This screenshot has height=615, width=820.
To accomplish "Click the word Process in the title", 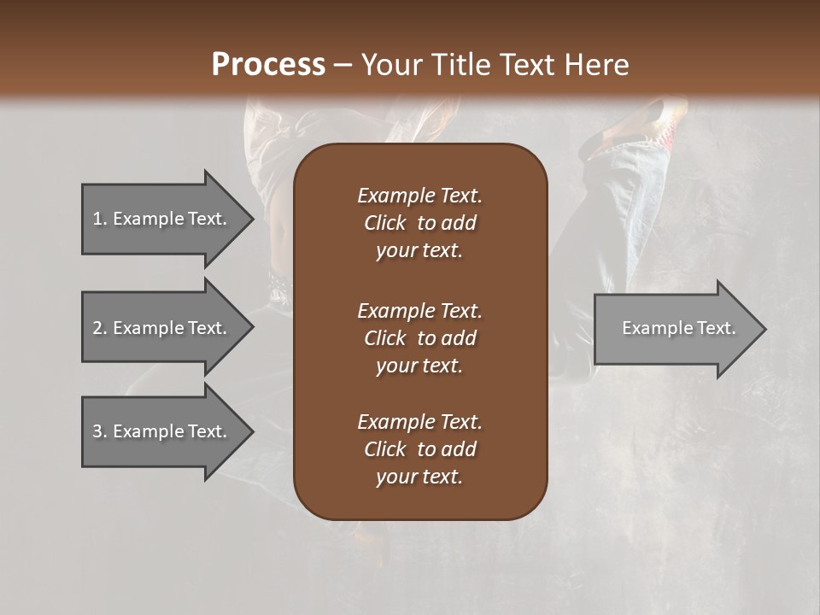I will [268, 65].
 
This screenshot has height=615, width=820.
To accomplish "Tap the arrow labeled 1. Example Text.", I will [162, 219].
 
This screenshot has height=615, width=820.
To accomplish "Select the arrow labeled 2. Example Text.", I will [162, 328].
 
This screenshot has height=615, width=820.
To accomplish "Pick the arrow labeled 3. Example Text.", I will [162, 431].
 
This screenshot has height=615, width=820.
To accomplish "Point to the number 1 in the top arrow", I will [97, 219].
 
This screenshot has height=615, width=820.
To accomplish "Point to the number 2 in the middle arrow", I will [97, 328].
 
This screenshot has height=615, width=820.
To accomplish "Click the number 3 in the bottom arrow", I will [97, 431].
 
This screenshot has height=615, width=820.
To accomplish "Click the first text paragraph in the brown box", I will [419, 223].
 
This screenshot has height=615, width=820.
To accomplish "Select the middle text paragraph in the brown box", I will [419, 338].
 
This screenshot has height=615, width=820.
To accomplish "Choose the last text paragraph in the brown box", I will [419, 449].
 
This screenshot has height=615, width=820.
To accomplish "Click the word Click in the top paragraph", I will [384, 223].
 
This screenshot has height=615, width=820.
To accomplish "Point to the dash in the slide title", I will [343, 65].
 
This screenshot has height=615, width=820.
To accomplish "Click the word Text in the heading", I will [525, 65].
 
